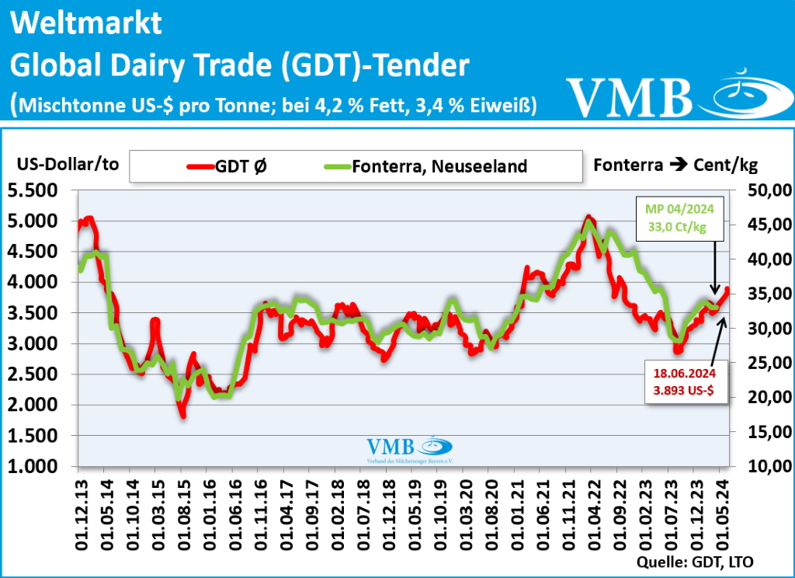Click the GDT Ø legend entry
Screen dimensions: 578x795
coord(229,165)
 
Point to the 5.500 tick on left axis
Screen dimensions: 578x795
coord(37,190)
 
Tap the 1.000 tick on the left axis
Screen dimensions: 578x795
coord(37,466)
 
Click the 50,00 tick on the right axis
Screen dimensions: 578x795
coord(769,190)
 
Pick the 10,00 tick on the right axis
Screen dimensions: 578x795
coord(769,466)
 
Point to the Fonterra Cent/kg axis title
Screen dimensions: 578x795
coord(675,165)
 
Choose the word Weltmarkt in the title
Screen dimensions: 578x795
coord(87,23)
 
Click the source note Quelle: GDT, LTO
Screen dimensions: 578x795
coord(695,560)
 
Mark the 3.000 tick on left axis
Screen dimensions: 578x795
coord(37,343)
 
